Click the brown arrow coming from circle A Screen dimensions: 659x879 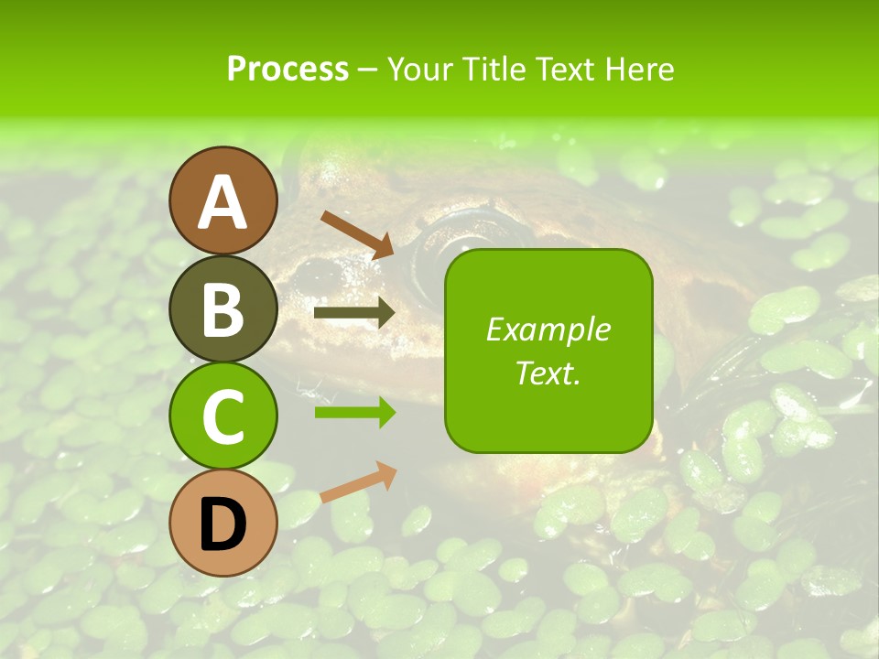[357, 234]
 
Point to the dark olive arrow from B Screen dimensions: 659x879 [354, 313]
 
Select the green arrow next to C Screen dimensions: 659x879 [354, 412]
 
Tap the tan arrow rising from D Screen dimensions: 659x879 [358, 482]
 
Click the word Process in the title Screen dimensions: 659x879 [288, 69]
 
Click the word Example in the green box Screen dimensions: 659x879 [548, 330]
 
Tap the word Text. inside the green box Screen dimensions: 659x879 [548, 373]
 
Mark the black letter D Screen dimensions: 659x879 [223, 524]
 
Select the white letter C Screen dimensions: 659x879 [223, 417]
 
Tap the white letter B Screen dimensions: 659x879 [223, 309]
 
